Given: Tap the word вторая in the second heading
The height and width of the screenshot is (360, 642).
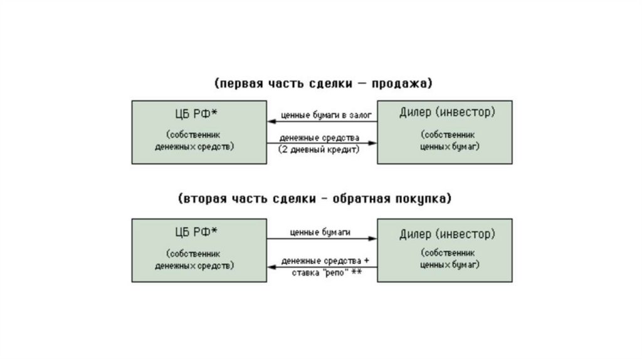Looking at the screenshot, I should pos(201,199).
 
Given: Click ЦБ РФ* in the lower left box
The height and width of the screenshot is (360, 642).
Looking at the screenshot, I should pos(194,232).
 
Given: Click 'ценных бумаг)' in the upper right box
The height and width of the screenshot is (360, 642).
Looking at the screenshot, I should pos(448,146).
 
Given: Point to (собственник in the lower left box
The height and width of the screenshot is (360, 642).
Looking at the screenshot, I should pos(194,254).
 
